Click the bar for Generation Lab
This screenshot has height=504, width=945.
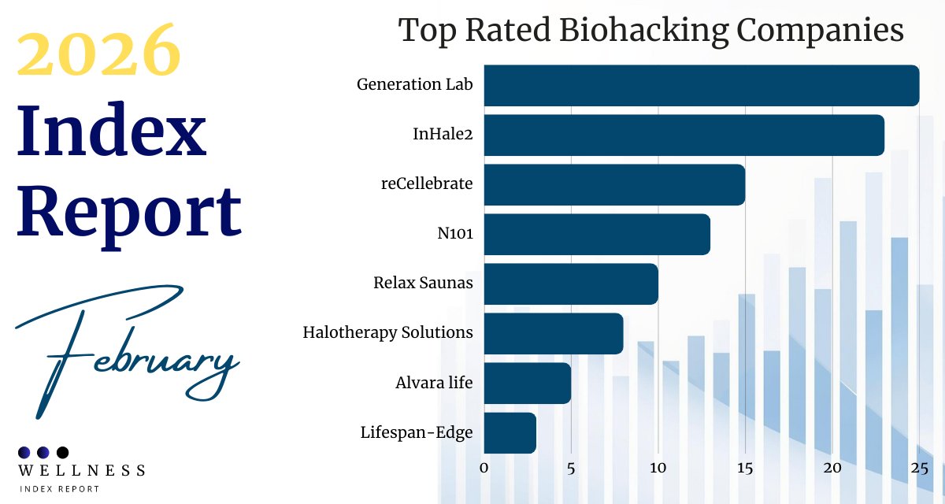tap(701, 85)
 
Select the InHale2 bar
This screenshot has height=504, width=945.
tap(684, 135)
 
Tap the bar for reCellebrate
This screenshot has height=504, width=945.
tap(614, 184)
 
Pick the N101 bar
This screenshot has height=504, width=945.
tap(597, 234)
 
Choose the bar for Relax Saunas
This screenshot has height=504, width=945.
tap(571, 283)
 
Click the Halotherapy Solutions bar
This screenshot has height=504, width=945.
tap(554, 333)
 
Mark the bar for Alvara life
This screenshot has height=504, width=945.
tap(527, 383)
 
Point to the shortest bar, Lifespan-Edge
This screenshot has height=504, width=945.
tap(510, 432)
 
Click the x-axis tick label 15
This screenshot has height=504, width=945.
tap(745, 468)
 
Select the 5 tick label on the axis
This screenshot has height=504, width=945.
tap(571, 468)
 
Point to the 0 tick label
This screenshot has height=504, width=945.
tap(484, 468)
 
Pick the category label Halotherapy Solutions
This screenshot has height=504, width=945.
tap(387, 333)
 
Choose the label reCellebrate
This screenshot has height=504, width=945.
tap(426, 184)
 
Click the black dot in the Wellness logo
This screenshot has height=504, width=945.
tap(63, 452)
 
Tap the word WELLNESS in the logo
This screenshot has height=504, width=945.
tap(82, 471)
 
